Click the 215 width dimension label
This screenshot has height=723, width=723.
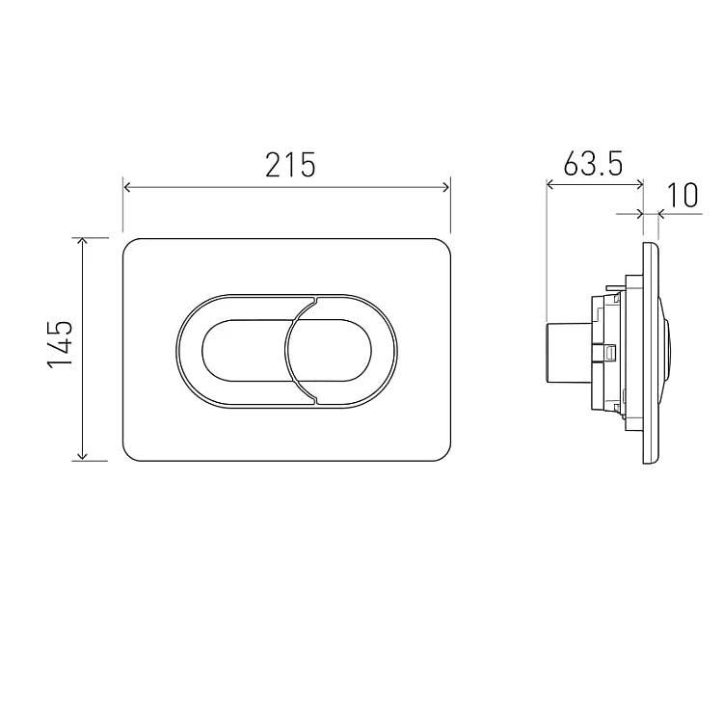tap(290, 165)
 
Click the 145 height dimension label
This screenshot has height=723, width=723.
tap(60, 343)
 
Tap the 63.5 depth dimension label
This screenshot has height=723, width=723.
tap(593, 163)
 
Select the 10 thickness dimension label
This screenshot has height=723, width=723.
tap(683, 195)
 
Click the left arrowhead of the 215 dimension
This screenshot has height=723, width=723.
tap(127, 187)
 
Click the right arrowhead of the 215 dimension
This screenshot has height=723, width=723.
tap(445, 187)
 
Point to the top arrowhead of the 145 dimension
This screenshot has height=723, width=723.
tap(82, 242)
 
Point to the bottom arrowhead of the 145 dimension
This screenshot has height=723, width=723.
tap(82, 457)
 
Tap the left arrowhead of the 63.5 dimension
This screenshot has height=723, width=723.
tap(549, 185)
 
